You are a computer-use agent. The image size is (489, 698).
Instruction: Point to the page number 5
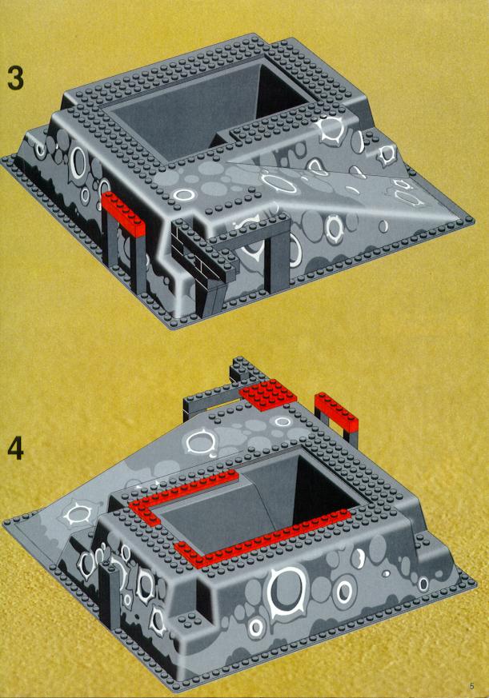(x=472, y=685)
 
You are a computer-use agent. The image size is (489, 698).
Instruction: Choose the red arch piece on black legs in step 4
(x=335, y=411)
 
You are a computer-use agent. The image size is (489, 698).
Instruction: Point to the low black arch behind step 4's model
(x=210, y=400)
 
